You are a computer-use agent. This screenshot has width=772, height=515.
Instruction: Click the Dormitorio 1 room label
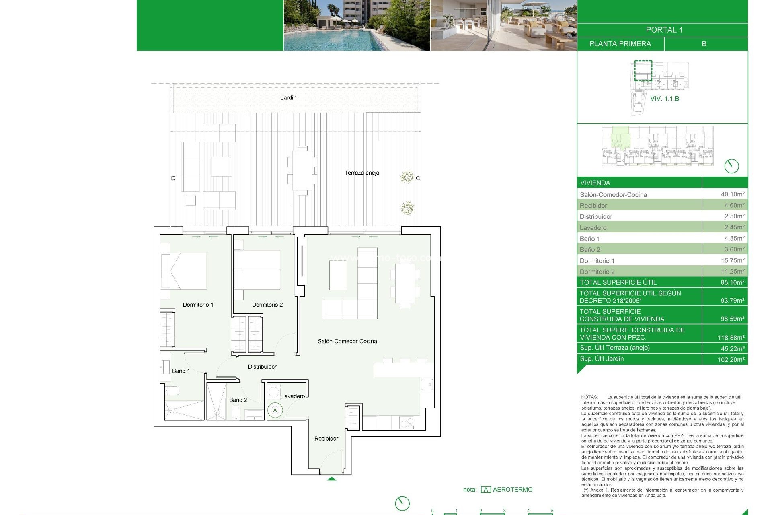(198, 305)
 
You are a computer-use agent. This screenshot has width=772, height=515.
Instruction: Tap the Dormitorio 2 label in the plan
(267, 305)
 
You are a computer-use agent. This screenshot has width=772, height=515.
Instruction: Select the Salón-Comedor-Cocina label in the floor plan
(347, 341)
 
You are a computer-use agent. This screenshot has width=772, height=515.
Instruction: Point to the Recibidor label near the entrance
(326, 439)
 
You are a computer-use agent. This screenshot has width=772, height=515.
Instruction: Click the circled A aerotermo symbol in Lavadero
(275, 410)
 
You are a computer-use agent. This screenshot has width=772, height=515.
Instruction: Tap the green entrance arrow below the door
(331, 479)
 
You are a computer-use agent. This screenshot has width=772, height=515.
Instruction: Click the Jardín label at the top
(288, 98)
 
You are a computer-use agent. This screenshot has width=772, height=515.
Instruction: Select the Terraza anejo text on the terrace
(361, 173)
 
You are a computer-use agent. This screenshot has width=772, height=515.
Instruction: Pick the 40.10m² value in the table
(732, 194)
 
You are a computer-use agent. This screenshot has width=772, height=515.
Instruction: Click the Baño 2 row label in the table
(590, 250)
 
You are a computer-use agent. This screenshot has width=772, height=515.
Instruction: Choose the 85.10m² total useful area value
(732, 282)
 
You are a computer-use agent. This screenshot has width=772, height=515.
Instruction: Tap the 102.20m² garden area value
(731, 360)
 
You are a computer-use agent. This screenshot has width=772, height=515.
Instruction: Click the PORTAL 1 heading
(664, 30)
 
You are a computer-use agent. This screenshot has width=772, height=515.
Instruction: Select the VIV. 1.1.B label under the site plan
(664, 99)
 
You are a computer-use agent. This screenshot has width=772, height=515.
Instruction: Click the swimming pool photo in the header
(356, 26)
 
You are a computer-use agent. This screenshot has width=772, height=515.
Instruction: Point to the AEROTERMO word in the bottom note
(512, 490)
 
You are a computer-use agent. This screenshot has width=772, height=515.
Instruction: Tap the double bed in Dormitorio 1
(184, 271)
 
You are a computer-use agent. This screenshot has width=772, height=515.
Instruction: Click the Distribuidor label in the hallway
(262, 367)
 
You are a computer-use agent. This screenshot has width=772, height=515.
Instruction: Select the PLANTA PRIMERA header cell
(620, 44)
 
